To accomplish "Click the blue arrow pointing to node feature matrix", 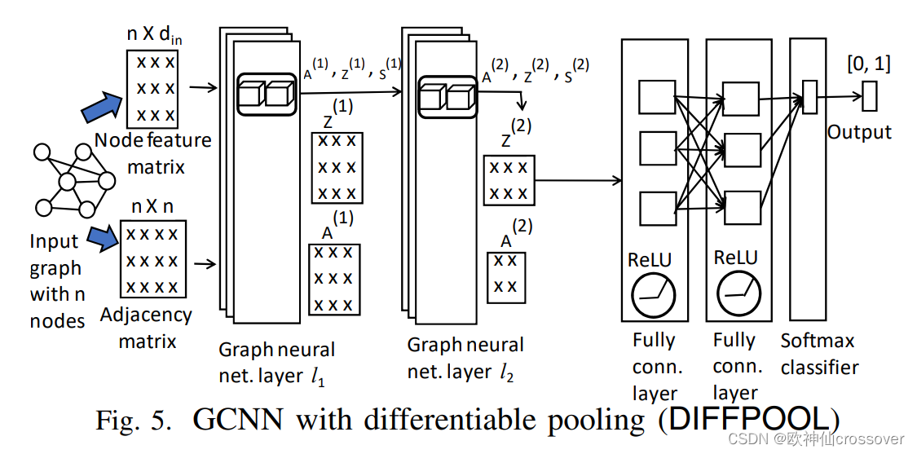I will pyautogui.click(x=102, y=106).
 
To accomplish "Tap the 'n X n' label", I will pyautogui.click(x=152, y=206).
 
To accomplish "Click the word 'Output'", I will pyautogui.click(x=859, y=132).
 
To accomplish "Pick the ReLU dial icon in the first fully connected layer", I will pyautogui.click(x=653, y=294).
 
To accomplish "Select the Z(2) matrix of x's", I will pyautogui.click(x=509, y=181).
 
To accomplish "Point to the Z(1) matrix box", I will pyautogui.click(x=337, y=167).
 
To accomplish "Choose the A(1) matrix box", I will pyautogui.click(x=332, y=279).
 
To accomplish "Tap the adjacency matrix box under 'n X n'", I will pyautogui.click(x=154, y=260).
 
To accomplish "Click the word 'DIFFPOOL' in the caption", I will pyautogui.click(x=751, y=420).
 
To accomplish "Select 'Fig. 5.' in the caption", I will pyautogui.click(x=135, y=421).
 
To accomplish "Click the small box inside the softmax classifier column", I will pyautogui.click(x=809, y=95).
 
